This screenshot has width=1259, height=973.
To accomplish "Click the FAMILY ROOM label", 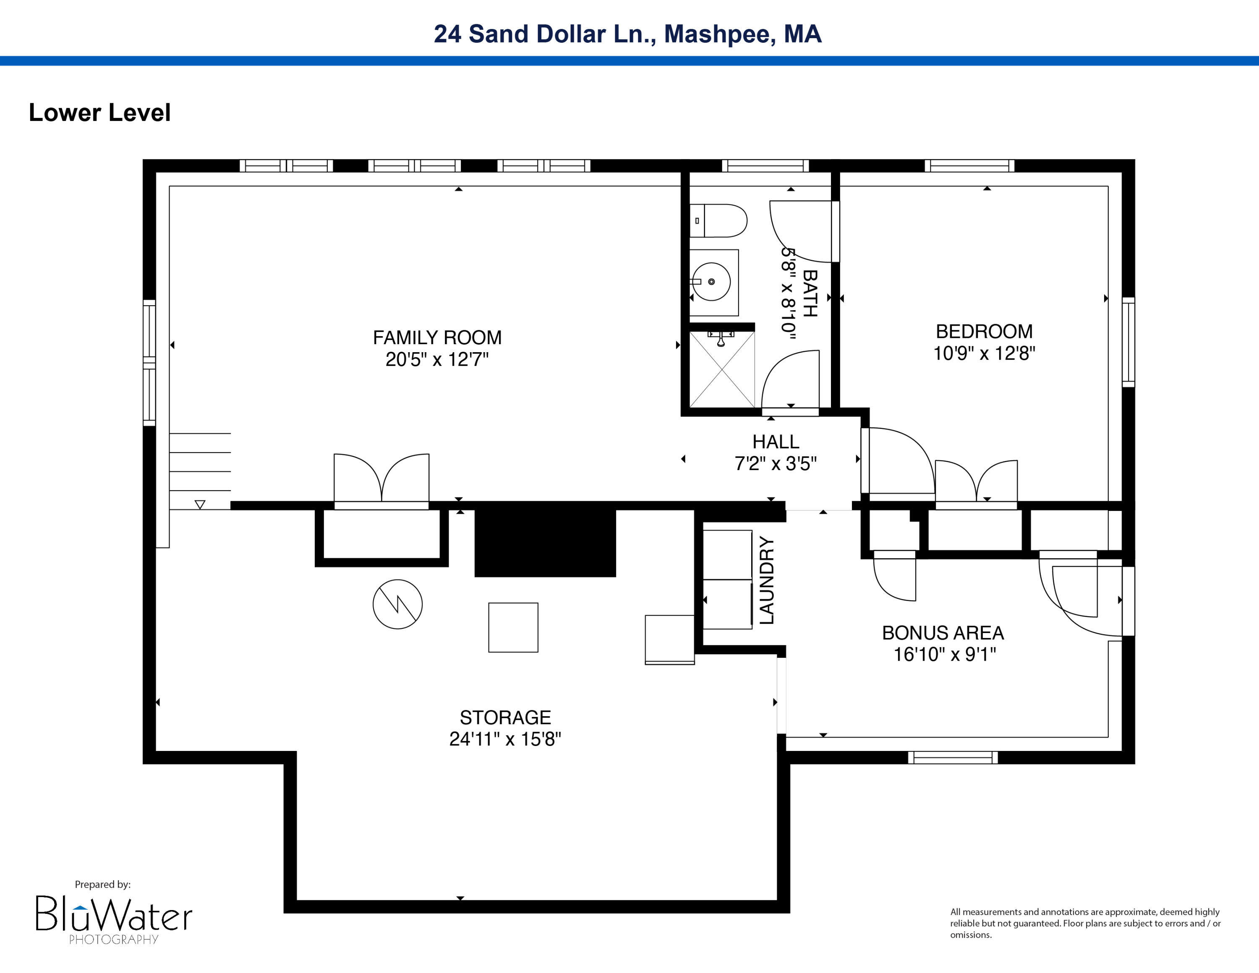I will pos(437,337).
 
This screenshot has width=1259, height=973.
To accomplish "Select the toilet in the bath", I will pos(718,221).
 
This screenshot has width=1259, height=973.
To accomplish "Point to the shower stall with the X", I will pos(722,369).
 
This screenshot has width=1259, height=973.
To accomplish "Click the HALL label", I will pos(776,442).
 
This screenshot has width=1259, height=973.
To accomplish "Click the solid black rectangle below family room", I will pos(545,539).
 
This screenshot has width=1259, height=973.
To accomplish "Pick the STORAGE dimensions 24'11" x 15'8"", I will pos(505,739).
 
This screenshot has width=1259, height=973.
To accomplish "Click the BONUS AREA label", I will pos(943,633).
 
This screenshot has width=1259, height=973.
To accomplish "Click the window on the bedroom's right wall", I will pos(1128,342).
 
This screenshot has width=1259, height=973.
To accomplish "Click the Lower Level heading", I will pos(100,112).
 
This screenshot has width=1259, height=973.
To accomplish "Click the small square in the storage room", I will pos(513,628).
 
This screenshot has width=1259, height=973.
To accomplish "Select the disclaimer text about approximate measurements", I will pos(1085,923).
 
